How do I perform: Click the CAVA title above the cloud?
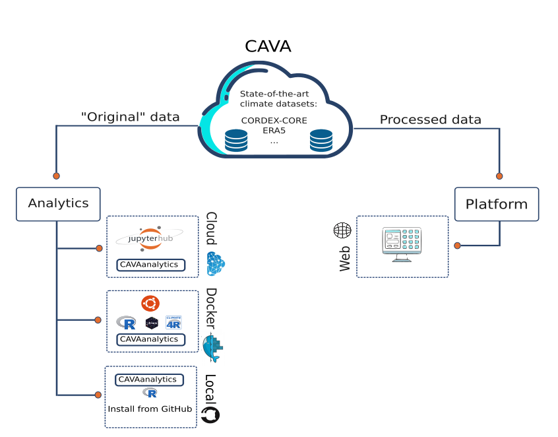tap(268, 46)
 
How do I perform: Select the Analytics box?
tap(58, 203)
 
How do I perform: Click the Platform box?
tap(497, 204)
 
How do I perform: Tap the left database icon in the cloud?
tap(236, 141)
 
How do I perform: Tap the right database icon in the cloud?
tap(321, 141)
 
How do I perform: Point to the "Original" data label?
tap(130, 117)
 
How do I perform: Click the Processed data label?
tap(430, 119)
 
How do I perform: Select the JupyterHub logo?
tap(150, 238)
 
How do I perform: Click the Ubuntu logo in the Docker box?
tap(150, 304)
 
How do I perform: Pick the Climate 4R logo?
tap(173, 322)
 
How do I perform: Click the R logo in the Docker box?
tap(127, 323)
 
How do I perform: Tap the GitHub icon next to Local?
tap(210, 415)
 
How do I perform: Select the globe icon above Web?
tap(342, 230)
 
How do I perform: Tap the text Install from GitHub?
tap(150, 409)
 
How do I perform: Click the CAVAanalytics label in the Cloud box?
tap(150, 265)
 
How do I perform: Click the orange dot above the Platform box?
tap(499, 176)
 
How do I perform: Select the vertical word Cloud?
tap(212, 228)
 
